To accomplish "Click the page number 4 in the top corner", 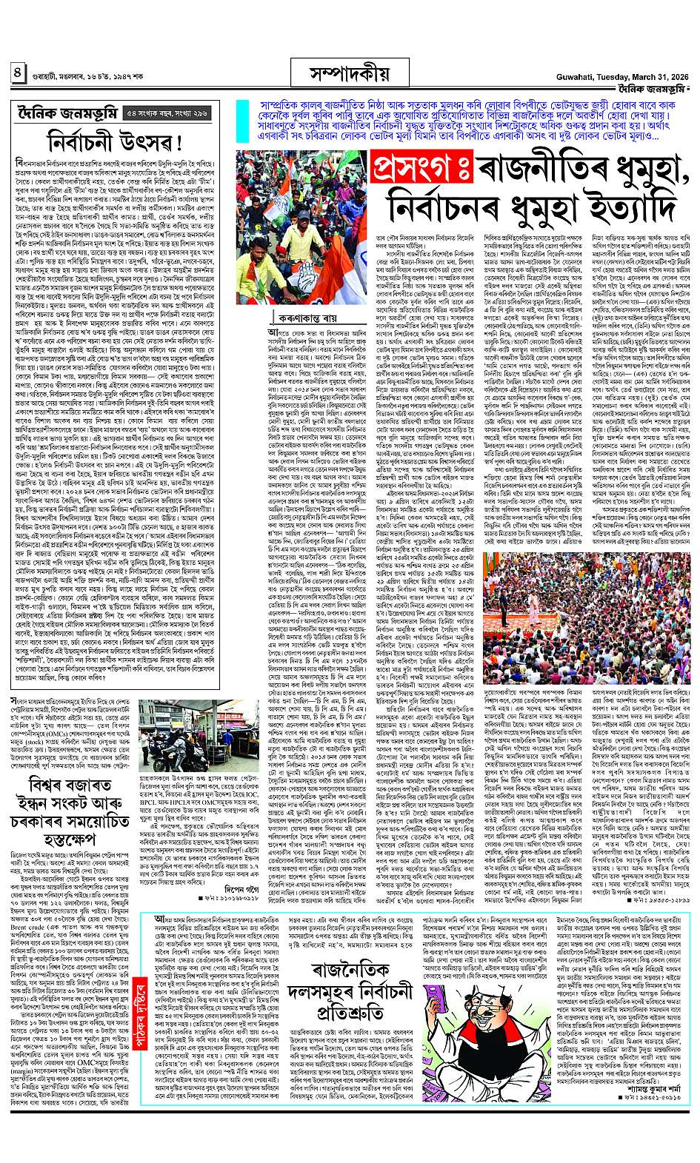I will (x=17, y=73).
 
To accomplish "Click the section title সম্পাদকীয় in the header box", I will (x=350, y=73).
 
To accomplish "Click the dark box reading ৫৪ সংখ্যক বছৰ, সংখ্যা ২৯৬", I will (x=167, y=113).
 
